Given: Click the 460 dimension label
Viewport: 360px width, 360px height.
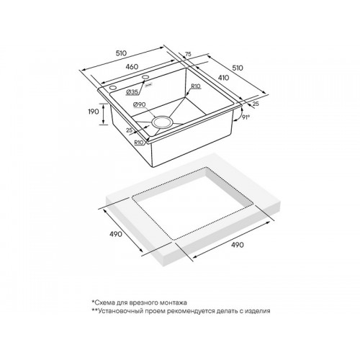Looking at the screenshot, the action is click(x=132, y=66).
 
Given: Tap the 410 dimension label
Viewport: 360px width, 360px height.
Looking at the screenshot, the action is click(x=224, y=78).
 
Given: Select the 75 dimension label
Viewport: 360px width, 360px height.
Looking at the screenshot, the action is click(x=189, y=54).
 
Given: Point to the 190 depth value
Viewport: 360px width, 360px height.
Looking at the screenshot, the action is click(x=94, y=112).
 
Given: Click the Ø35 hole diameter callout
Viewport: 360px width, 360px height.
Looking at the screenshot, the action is click(x=132, y=92).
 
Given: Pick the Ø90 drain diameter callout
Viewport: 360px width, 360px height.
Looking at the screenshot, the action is click(x=139, y=104).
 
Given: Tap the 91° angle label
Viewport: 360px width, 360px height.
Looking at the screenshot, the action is click(x=246, y=117).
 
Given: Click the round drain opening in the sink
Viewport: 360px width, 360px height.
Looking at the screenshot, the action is click(x=162, y=122).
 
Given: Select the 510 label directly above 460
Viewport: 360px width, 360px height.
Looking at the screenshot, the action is click(x=121, y=53).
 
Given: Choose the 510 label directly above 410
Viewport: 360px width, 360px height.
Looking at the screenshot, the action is click(x=238, y=68).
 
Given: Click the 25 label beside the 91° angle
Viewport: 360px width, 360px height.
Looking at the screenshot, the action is click(x=256, y=104).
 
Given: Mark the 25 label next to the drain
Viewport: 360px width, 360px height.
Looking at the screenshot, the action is click(x=130, y=130).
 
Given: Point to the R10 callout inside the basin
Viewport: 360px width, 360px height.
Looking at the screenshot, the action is click(x=196, y=86).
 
